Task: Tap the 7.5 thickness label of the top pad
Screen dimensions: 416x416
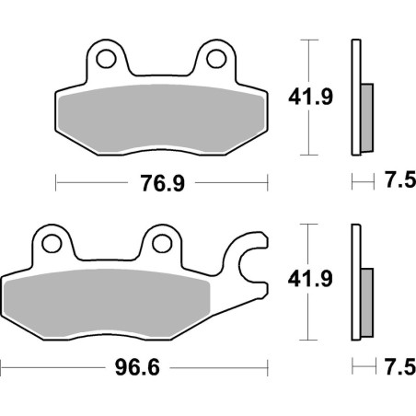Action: pos(393,183)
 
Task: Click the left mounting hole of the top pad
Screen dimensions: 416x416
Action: pos(108,61)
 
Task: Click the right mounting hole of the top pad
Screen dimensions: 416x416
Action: pos(217,61)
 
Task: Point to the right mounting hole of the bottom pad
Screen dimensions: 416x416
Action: pos(162,243)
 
